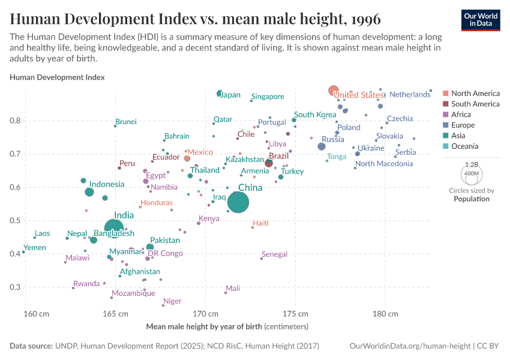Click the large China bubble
(238, 202)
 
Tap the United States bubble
(334, 91)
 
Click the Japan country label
(230, 95)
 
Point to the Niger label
(172, 301)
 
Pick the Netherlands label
(410, 95)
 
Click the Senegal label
(275, 254)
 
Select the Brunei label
(126, 121)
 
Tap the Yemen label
(35, 247)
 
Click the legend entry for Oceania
(464, 146)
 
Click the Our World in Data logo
(480, 19)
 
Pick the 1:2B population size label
(472, 164)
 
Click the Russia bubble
(322, 146)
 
